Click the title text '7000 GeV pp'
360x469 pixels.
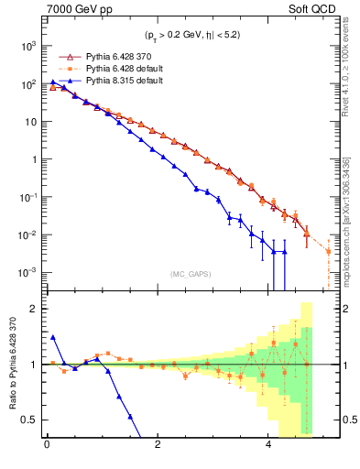tap(74, 10)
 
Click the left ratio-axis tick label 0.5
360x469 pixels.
tap(30, 420)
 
